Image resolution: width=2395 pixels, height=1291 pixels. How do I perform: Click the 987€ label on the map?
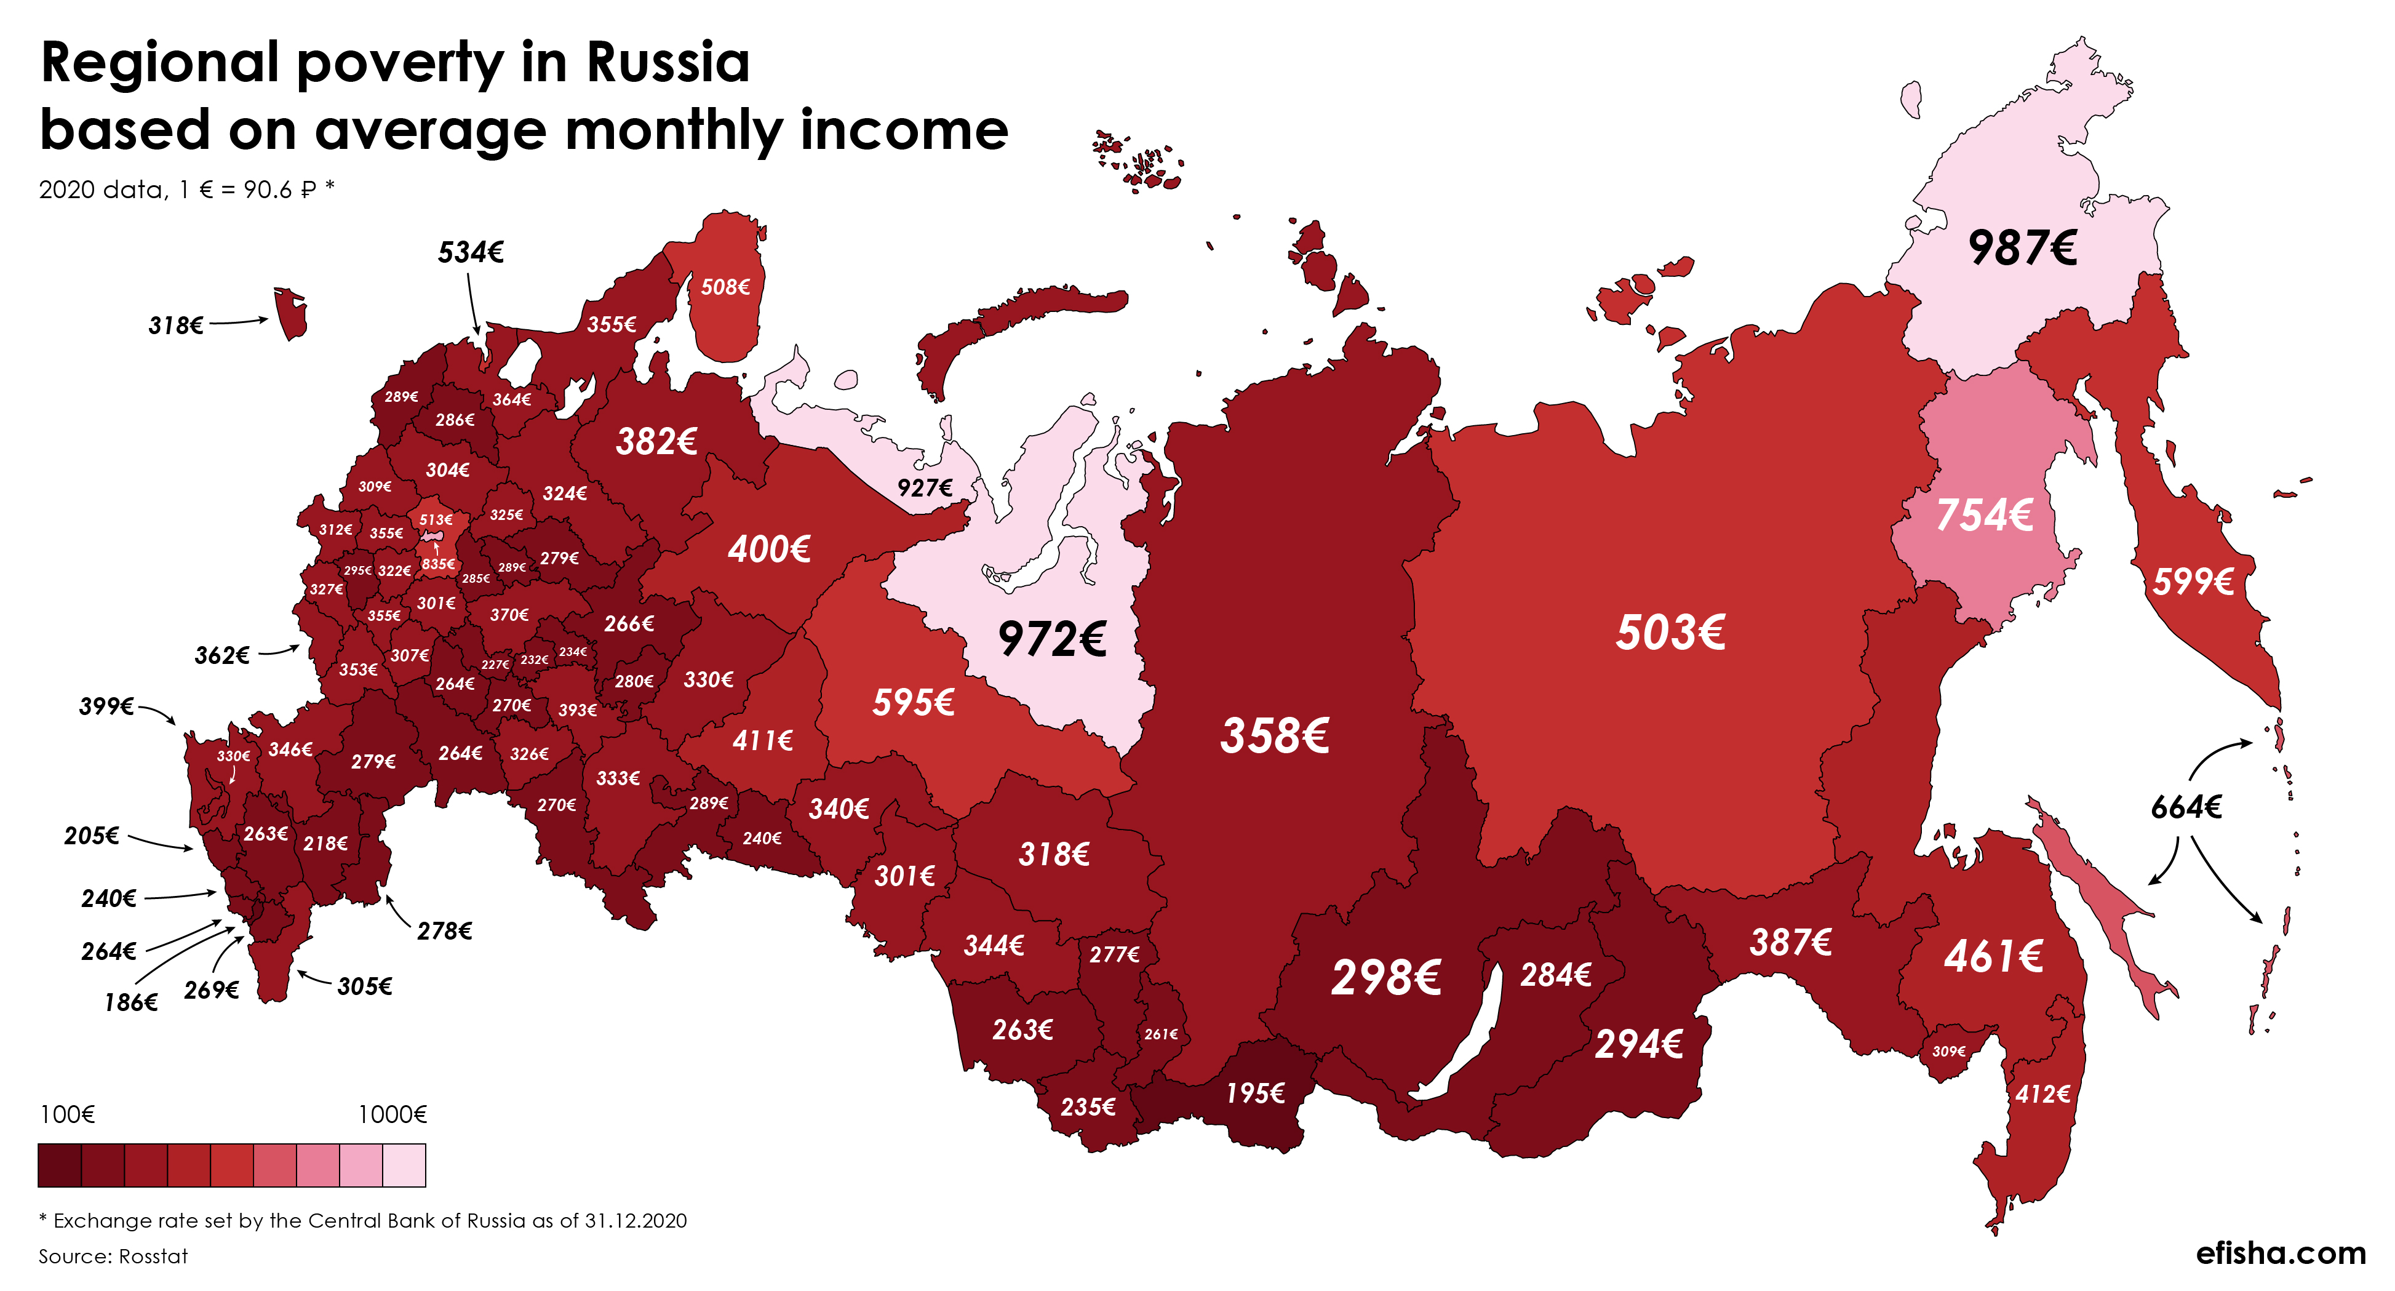[2022, 249]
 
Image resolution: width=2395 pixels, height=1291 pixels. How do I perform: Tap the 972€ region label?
[1051, 639]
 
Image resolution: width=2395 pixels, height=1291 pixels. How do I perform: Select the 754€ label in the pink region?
[1984, 515]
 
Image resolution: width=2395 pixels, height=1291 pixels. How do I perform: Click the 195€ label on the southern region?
[1255, 1093]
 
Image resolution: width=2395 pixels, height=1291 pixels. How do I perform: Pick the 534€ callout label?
[471, 252]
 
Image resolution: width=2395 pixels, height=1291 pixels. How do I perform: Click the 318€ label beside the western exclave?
[176, 326]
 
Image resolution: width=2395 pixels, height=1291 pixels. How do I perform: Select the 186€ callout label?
[131, 1002]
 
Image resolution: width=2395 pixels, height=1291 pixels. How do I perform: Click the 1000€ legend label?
[393, 1114]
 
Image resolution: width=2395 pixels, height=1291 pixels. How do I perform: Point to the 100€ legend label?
[67, 1114]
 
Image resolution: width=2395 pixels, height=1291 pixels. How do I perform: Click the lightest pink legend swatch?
[404, 1165]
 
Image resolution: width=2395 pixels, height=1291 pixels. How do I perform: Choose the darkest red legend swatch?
[60, 1165]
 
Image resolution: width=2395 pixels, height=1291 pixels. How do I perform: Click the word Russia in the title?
[667, 63]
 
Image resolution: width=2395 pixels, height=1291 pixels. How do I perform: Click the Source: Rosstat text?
[113, 1257]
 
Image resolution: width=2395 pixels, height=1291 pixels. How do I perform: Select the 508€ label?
[725, 287]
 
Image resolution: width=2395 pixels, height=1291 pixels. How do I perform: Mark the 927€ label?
[924, 487]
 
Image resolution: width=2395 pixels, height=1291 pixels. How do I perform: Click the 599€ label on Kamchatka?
[2193, 582]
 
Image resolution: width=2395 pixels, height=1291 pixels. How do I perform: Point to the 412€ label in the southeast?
[2042, 1095]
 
